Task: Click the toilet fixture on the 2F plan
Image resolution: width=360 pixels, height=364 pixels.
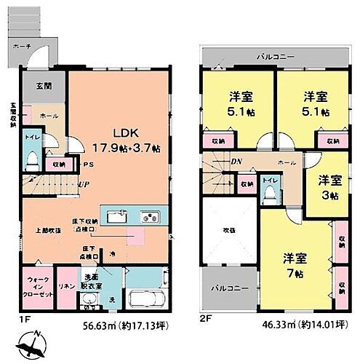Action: [x=271, y=191]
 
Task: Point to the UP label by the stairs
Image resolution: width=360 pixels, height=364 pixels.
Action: [x=85, y=184]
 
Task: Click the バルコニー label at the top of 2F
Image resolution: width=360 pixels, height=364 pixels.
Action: [x=273, y=56]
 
